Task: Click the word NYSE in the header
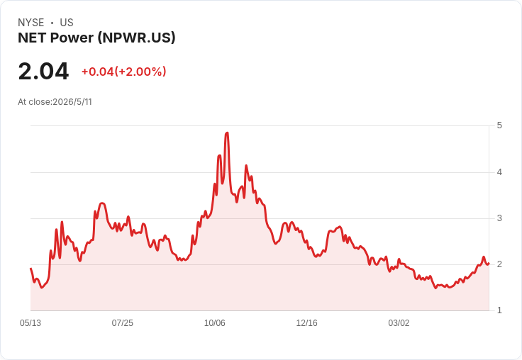point(31,23)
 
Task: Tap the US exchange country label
point(67,23)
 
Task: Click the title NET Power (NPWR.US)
point(96,38)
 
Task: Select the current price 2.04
point(43,71)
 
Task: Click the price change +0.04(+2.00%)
point(124,72)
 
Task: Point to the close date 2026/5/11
point(72,102)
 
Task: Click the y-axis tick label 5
point(499,125)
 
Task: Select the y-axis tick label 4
point(499,172)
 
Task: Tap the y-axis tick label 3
point(499,218)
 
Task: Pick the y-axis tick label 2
point(499,264)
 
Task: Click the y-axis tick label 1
point(499,310)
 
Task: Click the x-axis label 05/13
point(30,323)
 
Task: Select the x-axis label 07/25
point(123,323)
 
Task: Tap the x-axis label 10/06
point(215,323)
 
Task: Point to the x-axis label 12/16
point(306,323)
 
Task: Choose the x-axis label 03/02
point(399,323)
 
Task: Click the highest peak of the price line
point(227,133)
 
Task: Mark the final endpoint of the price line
point(489,264)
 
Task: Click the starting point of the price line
point(30,269)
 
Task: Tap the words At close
point(34,102)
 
